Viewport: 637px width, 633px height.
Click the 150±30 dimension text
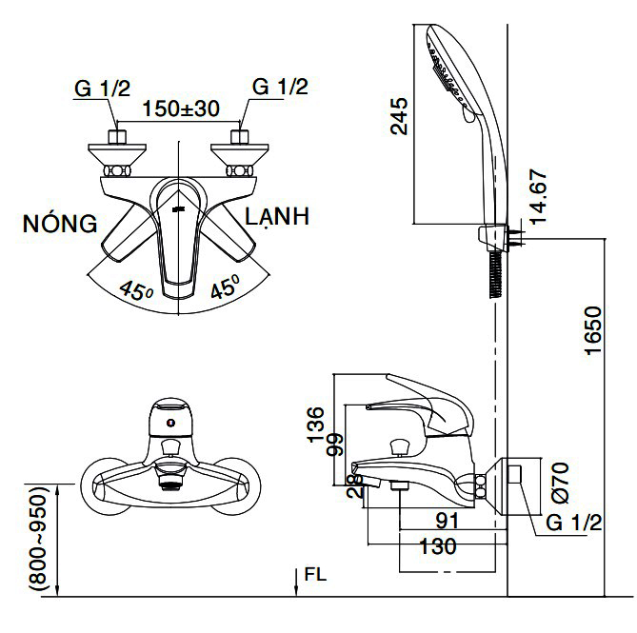[181, 108]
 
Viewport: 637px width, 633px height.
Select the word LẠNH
[276, 217]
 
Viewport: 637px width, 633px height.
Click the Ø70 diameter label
[558, 482]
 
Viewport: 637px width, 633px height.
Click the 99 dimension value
[334, 445]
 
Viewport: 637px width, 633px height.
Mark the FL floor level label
[315, 576]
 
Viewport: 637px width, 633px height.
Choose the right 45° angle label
[225, 288]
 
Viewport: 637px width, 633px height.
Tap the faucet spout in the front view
[169, 482]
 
